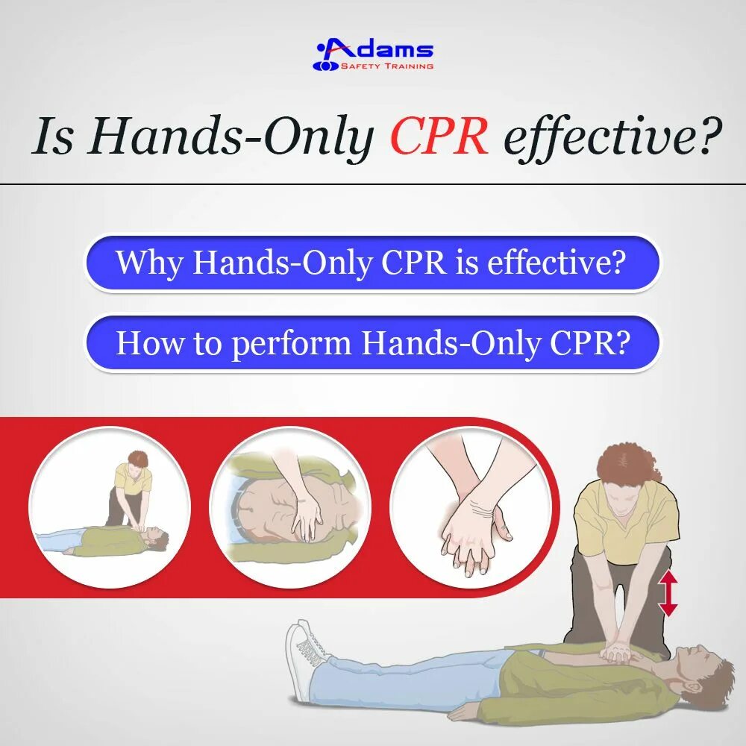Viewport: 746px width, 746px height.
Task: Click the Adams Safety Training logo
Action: click(x=373, y=54)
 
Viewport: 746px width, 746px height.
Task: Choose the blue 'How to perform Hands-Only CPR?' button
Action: click(x=372, y=342)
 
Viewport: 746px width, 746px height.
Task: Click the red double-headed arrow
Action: click(x=668, y=592)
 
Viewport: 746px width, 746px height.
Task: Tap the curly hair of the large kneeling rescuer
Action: click(x=626, y=463)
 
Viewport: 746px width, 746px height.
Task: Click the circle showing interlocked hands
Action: click(x=470, y=507)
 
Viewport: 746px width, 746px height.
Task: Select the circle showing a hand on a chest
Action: click(x=289, y=507)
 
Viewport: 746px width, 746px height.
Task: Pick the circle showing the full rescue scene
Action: click(x=110, y=507)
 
